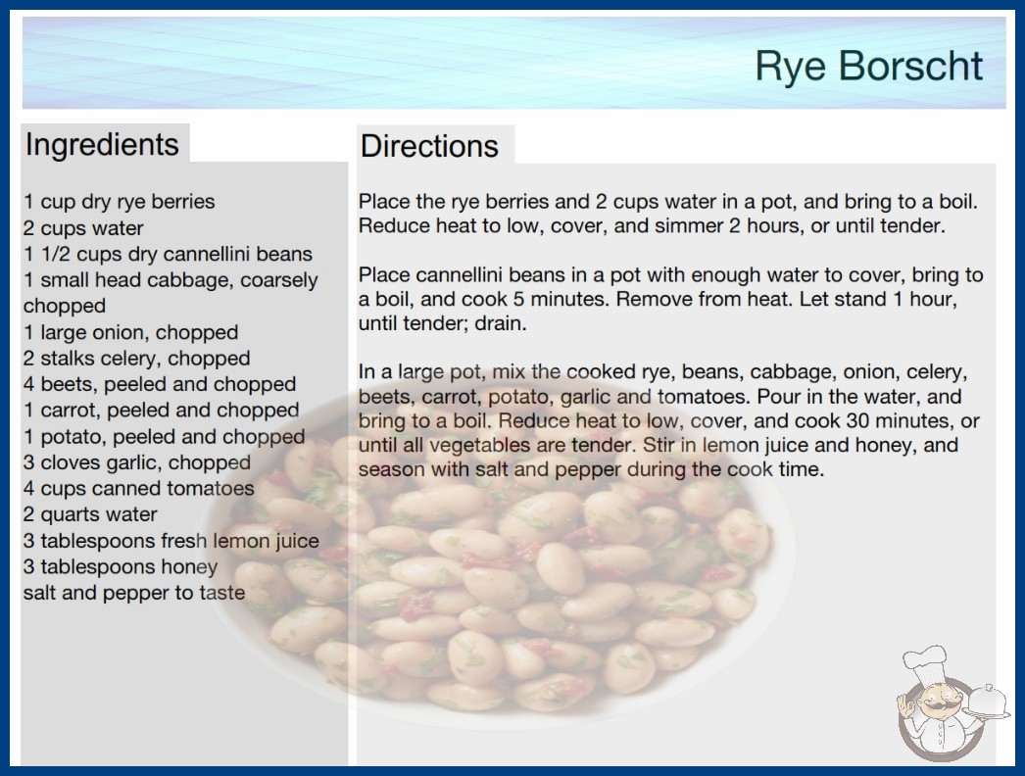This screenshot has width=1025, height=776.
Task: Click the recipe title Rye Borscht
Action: point(868,67)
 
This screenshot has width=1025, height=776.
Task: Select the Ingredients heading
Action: point(102,145)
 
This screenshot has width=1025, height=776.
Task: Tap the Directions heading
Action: point(429,146)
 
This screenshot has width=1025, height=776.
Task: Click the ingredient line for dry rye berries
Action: point(119,202)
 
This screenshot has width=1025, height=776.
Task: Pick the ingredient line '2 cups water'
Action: point(83,228)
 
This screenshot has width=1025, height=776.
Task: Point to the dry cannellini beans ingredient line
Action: point(168,254)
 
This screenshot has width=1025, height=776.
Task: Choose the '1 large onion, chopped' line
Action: point(130,332)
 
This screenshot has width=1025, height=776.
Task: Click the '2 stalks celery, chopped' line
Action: point(136,359)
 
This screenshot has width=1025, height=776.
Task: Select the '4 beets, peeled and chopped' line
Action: point(160,384)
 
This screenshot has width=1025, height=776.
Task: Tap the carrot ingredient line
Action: point(162,410)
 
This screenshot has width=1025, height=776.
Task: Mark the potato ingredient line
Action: point(164,436)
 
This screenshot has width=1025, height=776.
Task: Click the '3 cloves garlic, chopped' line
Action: point(137,462)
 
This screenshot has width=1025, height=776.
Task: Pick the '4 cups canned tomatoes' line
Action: point(138,488)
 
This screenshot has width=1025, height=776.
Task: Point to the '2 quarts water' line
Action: point(90,514)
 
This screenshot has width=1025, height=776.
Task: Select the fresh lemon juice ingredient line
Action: point(171,541)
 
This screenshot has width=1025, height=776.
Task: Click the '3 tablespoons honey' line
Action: point(121,566)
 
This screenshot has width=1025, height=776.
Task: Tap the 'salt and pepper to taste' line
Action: point(134,593)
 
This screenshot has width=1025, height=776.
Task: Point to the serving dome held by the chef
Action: point(987,701)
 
